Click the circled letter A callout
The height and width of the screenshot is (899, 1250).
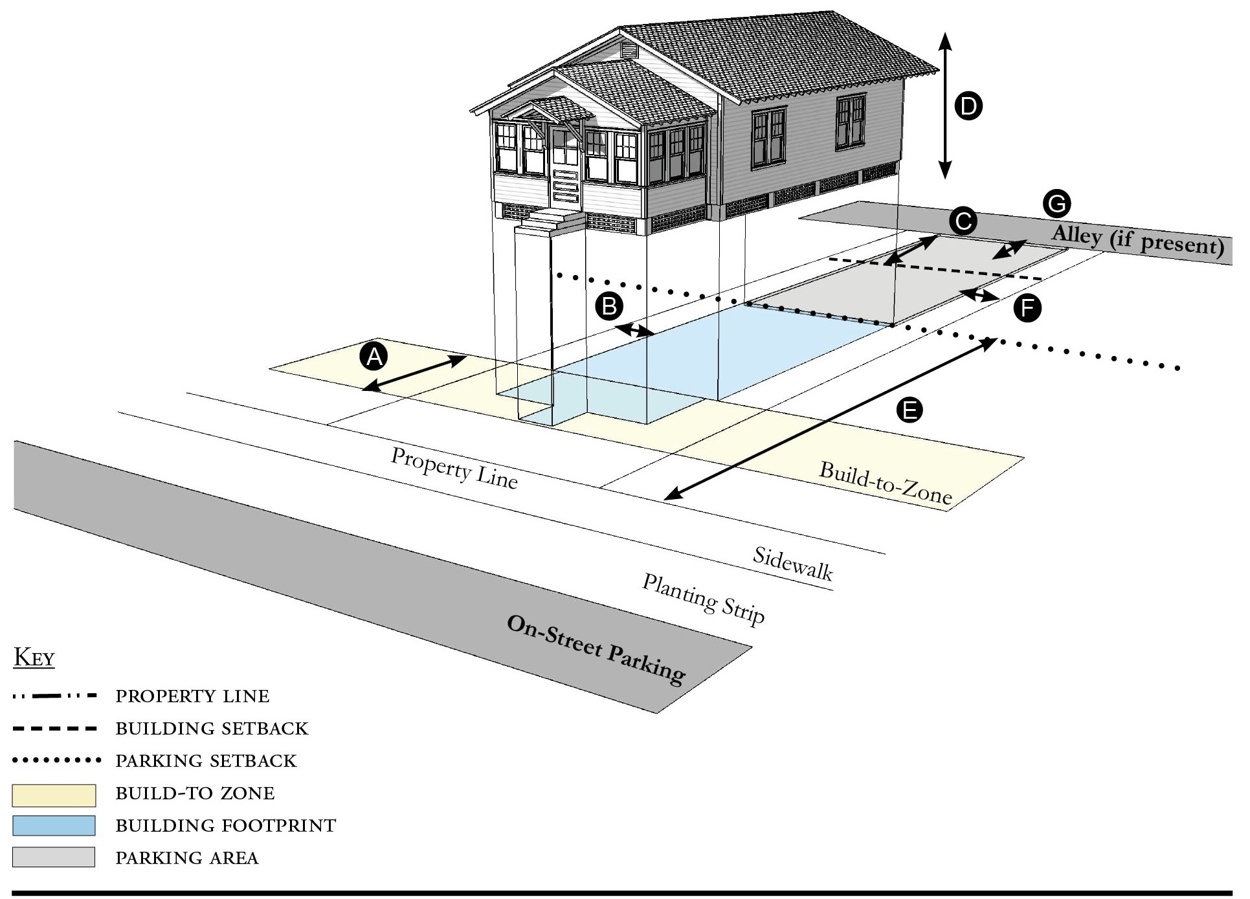click(x=374, y=356)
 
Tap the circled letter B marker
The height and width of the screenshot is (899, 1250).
click(x=609, y=305)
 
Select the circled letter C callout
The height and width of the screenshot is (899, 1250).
click(x=963, y=221)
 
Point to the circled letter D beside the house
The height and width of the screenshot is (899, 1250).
click(x=968, y=106)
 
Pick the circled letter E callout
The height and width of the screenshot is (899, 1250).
click(x=909, y=410)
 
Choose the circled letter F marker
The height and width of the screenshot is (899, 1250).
click(x=1027, y=307)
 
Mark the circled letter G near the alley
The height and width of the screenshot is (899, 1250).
click(x=1056, y=204)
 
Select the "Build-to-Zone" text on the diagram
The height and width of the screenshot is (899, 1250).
click(x=886, y=483)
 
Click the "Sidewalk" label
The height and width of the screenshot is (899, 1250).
click(x=792, y=563)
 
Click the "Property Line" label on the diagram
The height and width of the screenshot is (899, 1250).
click(x=454, y=468)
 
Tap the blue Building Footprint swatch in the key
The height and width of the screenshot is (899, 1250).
click(x=54, y=825)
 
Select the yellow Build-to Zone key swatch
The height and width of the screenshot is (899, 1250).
click(x=54, y=795)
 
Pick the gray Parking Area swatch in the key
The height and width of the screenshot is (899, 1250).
click(x=54, y=857)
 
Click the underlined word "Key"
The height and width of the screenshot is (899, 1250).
click(x=34, y=658)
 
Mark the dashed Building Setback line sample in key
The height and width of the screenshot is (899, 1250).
click(x=55, y=729)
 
